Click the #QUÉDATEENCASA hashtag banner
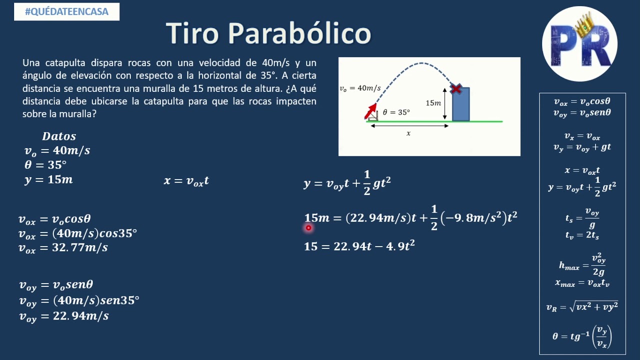66,11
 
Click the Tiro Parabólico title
268,33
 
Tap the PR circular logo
579,44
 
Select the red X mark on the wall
455,89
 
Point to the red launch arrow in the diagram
370,111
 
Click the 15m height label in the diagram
433,103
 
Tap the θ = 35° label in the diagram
396,112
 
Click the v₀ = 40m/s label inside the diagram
360,88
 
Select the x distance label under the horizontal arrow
408,133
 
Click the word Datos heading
59,136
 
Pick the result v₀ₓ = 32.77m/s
63,247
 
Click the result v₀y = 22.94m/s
63,316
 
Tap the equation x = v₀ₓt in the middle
186,181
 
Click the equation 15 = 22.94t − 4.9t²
359,246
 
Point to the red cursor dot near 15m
308,228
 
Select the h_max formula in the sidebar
581,265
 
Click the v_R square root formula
582,306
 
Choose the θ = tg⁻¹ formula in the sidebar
582,336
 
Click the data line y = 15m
48,180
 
